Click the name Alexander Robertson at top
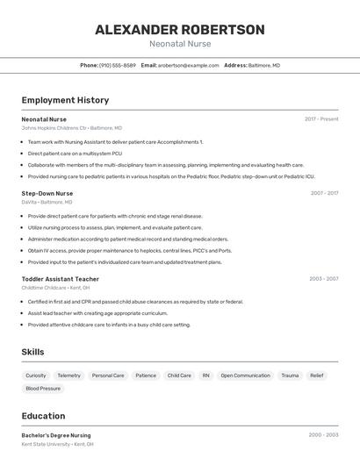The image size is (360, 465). (x=180, y=30)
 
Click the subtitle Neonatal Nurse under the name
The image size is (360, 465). (x=180, y=44)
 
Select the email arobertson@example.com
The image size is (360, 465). (x=188, y=65)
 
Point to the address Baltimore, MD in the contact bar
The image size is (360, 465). (x=263, y=65)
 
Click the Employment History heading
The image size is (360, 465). (x=65, y=100)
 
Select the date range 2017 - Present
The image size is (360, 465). (x=321, y=119)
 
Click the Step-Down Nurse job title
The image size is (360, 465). (x=47, y=193)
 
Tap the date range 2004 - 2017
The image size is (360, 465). (x=324, y=193)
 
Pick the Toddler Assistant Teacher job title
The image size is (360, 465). (x=61, y=279)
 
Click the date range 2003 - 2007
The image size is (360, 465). (x=323, y=279)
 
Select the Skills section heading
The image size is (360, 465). (x=33, y=352)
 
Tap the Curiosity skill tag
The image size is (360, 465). (x=36, y=376)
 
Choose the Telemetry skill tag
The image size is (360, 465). (x=68, y=376)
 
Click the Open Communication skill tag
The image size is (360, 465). (x=245, y=376)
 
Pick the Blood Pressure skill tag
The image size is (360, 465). (x=43, y=388)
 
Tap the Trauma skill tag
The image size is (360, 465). (x=290, y=376)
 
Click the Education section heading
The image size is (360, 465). (x=43, y=416)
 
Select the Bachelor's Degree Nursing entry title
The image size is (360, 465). (x=56, y=435)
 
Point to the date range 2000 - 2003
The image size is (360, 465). (x=323, y=435)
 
